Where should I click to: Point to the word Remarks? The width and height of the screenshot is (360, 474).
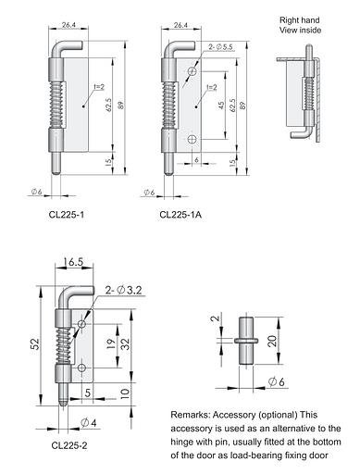(192, 414)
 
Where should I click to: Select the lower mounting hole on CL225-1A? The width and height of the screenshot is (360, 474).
(192, 139)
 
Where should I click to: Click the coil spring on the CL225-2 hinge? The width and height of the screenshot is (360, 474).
(64, 343)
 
